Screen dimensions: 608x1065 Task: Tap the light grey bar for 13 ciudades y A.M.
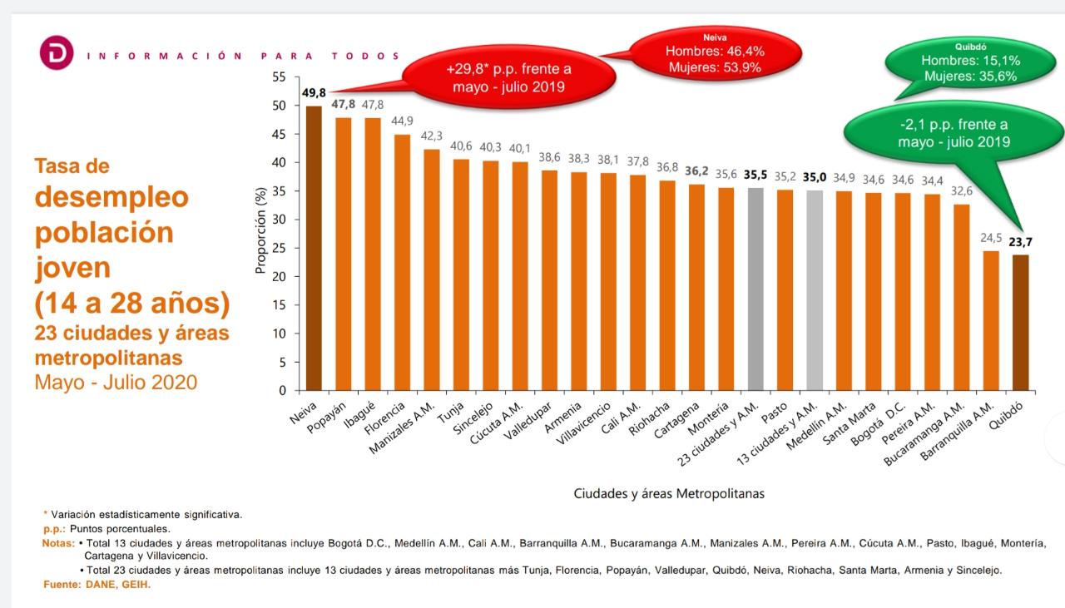(x=815, y=290)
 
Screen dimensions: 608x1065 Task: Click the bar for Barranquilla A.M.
(x=991, y=320)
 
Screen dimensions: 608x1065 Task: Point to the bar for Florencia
(x=402, y=262)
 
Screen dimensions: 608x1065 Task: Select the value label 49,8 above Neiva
(x=314, y=92)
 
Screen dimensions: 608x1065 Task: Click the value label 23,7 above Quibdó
(x=1021, y=242)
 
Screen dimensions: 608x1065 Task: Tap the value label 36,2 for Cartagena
(x=696, y=171)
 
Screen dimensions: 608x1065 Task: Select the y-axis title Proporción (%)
(x=260, y=231)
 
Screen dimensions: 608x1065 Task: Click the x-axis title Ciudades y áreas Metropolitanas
(x=668, y=493)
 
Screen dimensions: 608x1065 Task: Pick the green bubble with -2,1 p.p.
(x=954, y=133)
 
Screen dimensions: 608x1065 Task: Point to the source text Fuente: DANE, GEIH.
(x=97, y=585)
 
